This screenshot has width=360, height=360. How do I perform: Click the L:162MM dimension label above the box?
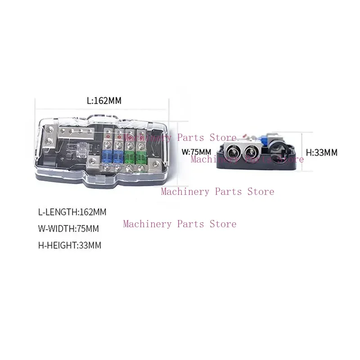coord(104,101)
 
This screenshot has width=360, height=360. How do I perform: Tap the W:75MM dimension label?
coord(196,152)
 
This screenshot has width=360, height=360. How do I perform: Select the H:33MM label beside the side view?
coord(321,153)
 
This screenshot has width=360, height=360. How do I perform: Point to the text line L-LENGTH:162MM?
coord(72,211)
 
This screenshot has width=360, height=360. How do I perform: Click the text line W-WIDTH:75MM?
coord(68,229)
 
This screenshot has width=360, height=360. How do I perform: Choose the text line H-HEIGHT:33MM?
coord(70,246)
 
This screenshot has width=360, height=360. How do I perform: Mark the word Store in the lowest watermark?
coord(223,224)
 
